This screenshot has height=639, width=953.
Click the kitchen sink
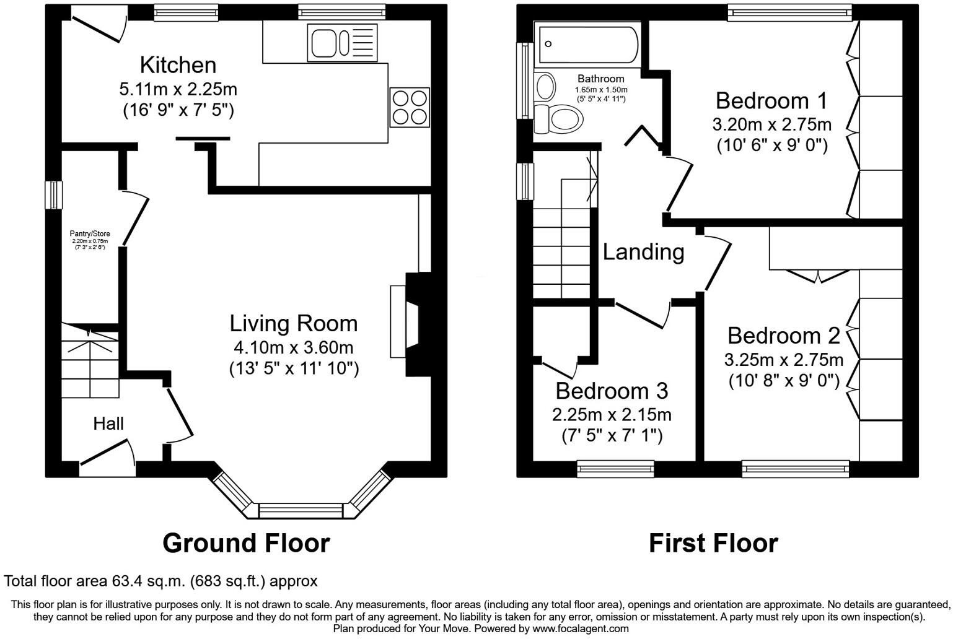point(341,42)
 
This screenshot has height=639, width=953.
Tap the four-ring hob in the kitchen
point(409,108)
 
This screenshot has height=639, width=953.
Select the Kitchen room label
point(178,65)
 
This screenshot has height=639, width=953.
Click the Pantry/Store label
point(90,234)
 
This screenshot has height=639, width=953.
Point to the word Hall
point(108,424)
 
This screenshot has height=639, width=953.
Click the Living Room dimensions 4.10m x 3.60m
point(293,347)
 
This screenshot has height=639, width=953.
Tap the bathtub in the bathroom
point(588,44)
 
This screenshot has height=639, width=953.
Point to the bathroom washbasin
point(545,86)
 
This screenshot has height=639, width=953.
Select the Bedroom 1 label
point(771,101)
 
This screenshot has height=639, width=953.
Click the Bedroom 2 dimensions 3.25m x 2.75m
point(783,360)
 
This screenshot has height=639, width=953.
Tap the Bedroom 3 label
point(611,391)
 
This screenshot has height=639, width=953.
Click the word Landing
point(643,252)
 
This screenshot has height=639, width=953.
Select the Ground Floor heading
point(246,543)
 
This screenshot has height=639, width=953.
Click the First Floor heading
point(713,543)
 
